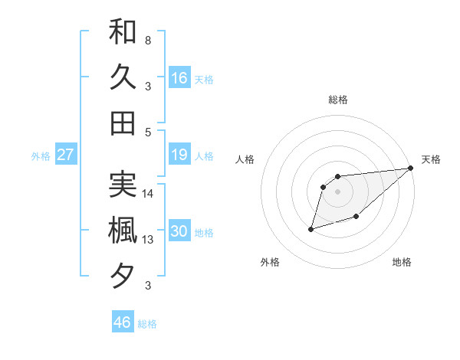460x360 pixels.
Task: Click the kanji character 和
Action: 123,32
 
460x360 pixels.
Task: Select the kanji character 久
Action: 123,77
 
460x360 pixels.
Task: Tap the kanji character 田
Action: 123,123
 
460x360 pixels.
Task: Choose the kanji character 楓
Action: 123,230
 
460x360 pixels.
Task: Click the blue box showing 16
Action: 179,78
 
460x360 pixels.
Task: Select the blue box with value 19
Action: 179,155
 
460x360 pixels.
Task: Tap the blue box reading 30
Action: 179,232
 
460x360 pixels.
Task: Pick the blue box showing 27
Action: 66,155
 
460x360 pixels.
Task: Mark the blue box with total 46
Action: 123,322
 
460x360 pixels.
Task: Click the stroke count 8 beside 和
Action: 148,40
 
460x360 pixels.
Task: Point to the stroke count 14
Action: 149,194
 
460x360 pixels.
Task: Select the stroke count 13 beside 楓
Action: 149,239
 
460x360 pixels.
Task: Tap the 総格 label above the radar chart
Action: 338,100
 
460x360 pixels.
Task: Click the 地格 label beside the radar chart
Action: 402,262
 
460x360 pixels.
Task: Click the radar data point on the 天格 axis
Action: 410,169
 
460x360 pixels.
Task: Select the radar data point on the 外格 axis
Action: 311,228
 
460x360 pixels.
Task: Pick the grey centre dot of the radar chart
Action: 338,191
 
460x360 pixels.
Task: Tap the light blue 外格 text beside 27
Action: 41,156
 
